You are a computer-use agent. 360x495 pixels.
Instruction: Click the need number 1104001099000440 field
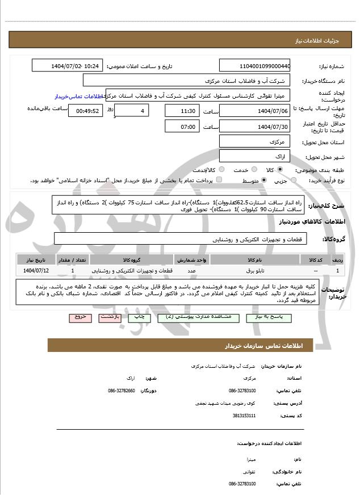(x=254, y=66)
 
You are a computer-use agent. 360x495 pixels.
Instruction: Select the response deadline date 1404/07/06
(x=254, y=111)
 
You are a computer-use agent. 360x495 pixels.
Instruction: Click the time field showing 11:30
(x=182, y=111)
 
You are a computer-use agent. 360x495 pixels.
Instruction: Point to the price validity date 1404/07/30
(x=254, y=127)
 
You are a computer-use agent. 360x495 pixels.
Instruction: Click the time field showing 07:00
(x=182, y=127)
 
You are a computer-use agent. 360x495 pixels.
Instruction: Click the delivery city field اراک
(x=254, y=156)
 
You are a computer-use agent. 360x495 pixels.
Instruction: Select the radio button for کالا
(x=280, y=170)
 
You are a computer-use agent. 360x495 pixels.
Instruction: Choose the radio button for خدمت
(x=253, y=170)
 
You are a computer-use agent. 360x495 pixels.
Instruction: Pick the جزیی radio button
(x=293, y=181)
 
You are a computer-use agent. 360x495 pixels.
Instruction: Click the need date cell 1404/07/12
(x=36, y=271)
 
